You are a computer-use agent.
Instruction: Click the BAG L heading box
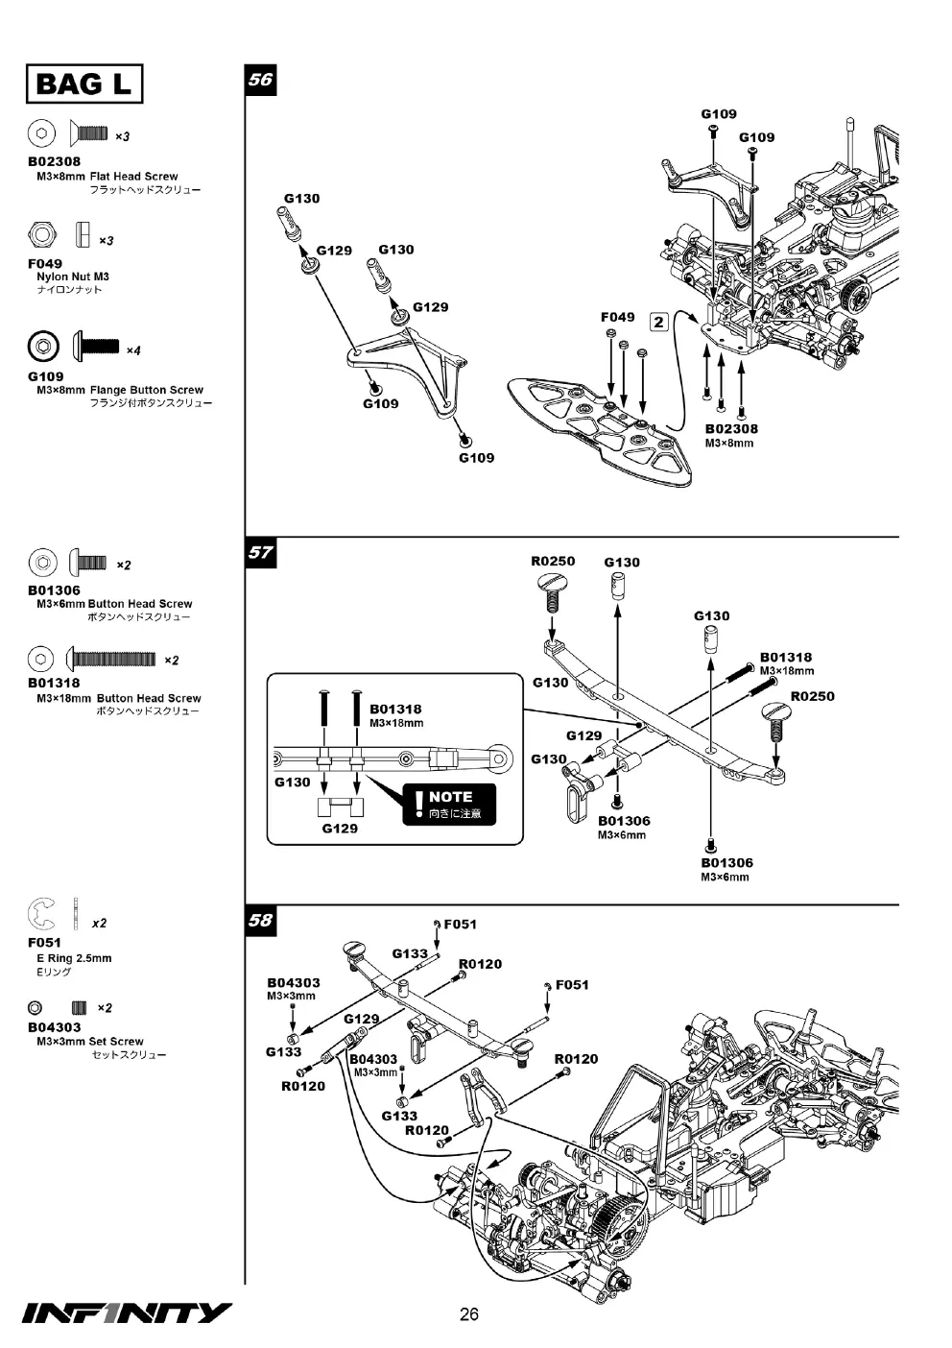pos(84,84)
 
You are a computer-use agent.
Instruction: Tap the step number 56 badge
pos(260,80)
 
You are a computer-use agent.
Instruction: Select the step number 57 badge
pos(260,552)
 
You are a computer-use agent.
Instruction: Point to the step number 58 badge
pos(260,920)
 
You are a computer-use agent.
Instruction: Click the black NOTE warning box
pos(449,804)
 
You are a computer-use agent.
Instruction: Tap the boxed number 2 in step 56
pos(658,322)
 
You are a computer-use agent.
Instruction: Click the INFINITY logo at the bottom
pos(127,1312)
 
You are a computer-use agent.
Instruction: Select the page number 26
pos(469,1314)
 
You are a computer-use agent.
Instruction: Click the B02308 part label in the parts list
pos(54,161)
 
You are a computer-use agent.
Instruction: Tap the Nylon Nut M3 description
pos(73,277)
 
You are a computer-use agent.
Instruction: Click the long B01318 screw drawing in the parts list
pos(110,659)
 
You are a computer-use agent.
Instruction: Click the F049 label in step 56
pos(618,317)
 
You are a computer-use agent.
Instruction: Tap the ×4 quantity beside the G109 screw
pos(133,350)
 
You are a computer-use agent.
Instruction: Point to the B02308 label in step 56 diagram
pos(731,429)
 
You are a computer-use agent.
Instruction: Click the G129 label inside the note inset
pos(340,829)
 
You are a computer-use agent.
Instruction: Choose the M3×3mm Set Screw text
pos(90,1041)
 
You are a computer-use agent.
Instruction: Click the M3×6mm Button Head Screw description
pos(114,604)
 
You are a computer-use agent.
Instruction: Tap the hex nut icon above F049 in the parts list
pos(41,234)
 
